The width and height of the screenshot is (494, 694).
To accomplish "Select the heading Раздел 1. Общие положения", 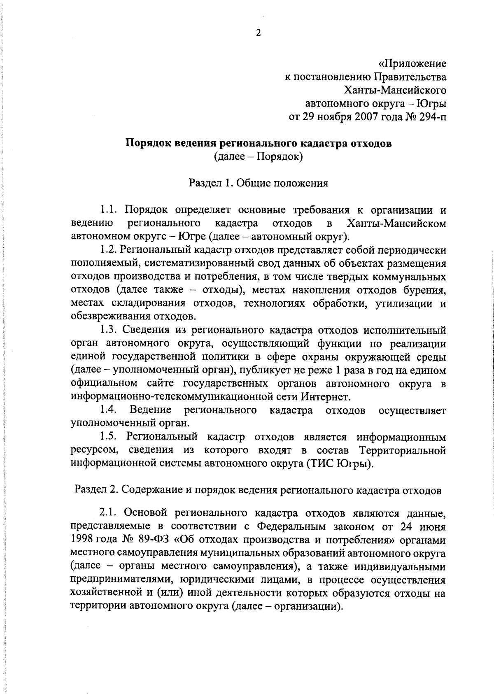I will (258, 183).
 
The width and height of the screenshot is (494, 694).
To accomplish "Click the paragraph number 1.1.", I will (110, 210).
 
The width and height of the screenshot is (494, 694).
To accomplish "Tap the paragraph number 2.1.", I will (109, 513).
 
